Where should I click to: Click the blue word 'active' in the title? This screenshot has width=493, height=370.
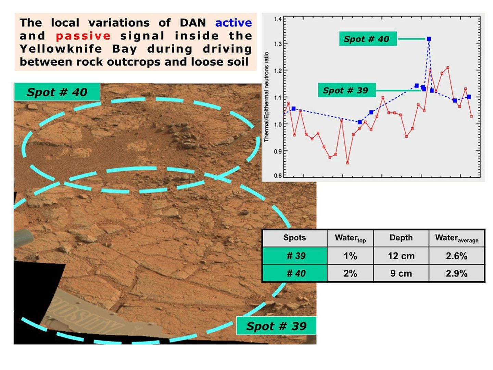tap(233, 23)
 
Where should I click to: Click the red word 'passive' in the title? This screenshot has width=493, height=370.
tap(83, 36)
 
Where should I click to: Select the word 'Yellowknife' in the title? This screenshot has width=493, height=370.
tap(61, 49)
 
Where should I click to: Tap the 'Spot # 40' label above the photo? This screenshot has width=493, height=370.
tap(57, 92)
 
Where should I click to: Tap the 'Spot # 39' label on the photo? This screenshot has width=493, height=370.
tap(276, 326)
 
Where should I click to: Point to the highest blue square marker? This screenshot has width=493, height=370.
tap(429, 39)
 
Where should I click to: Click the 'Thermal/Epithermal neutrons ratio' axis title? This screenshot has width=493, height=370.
tap(266, 97)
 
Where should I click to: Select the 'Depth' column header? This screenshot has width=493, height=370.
tap(401, 238)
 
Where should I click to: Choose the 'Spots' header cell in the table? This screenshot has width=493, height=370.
tap(294, 238)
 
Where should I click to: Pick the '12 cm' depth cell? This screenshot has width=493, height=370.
tap(401, 256)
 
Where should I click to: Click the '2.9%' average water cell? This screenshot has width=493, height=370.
tap(456, 273)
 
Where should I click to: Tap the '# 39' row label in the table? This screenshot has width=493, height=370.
tap(295, 256)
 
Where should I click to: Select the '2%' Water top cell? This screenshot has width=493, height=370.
tap(350, 273)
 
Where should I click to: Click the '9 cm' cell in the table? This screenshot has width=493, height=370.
tap(401, 273)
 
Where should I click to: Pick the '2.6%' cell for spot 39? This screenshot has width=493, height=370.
tap(456, 256)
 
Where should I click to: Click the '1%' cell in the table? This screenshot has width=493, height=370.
tap(350, 256)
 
